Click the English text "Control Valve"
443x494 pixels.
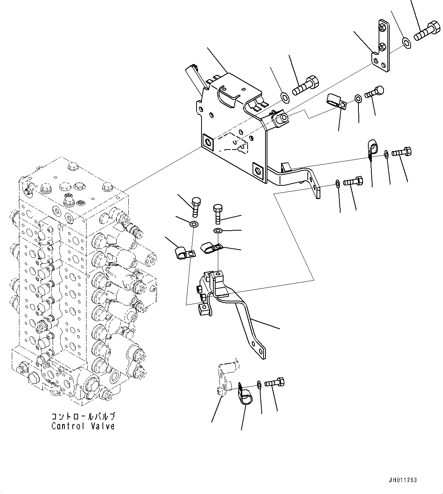83,426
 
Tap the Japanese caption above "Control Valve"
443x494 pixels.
83,417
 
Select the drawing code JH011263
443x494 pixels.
403,480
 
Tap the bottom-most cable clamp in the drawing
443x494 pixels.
245,396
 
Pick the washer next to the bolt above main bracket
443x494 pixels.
284,98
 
